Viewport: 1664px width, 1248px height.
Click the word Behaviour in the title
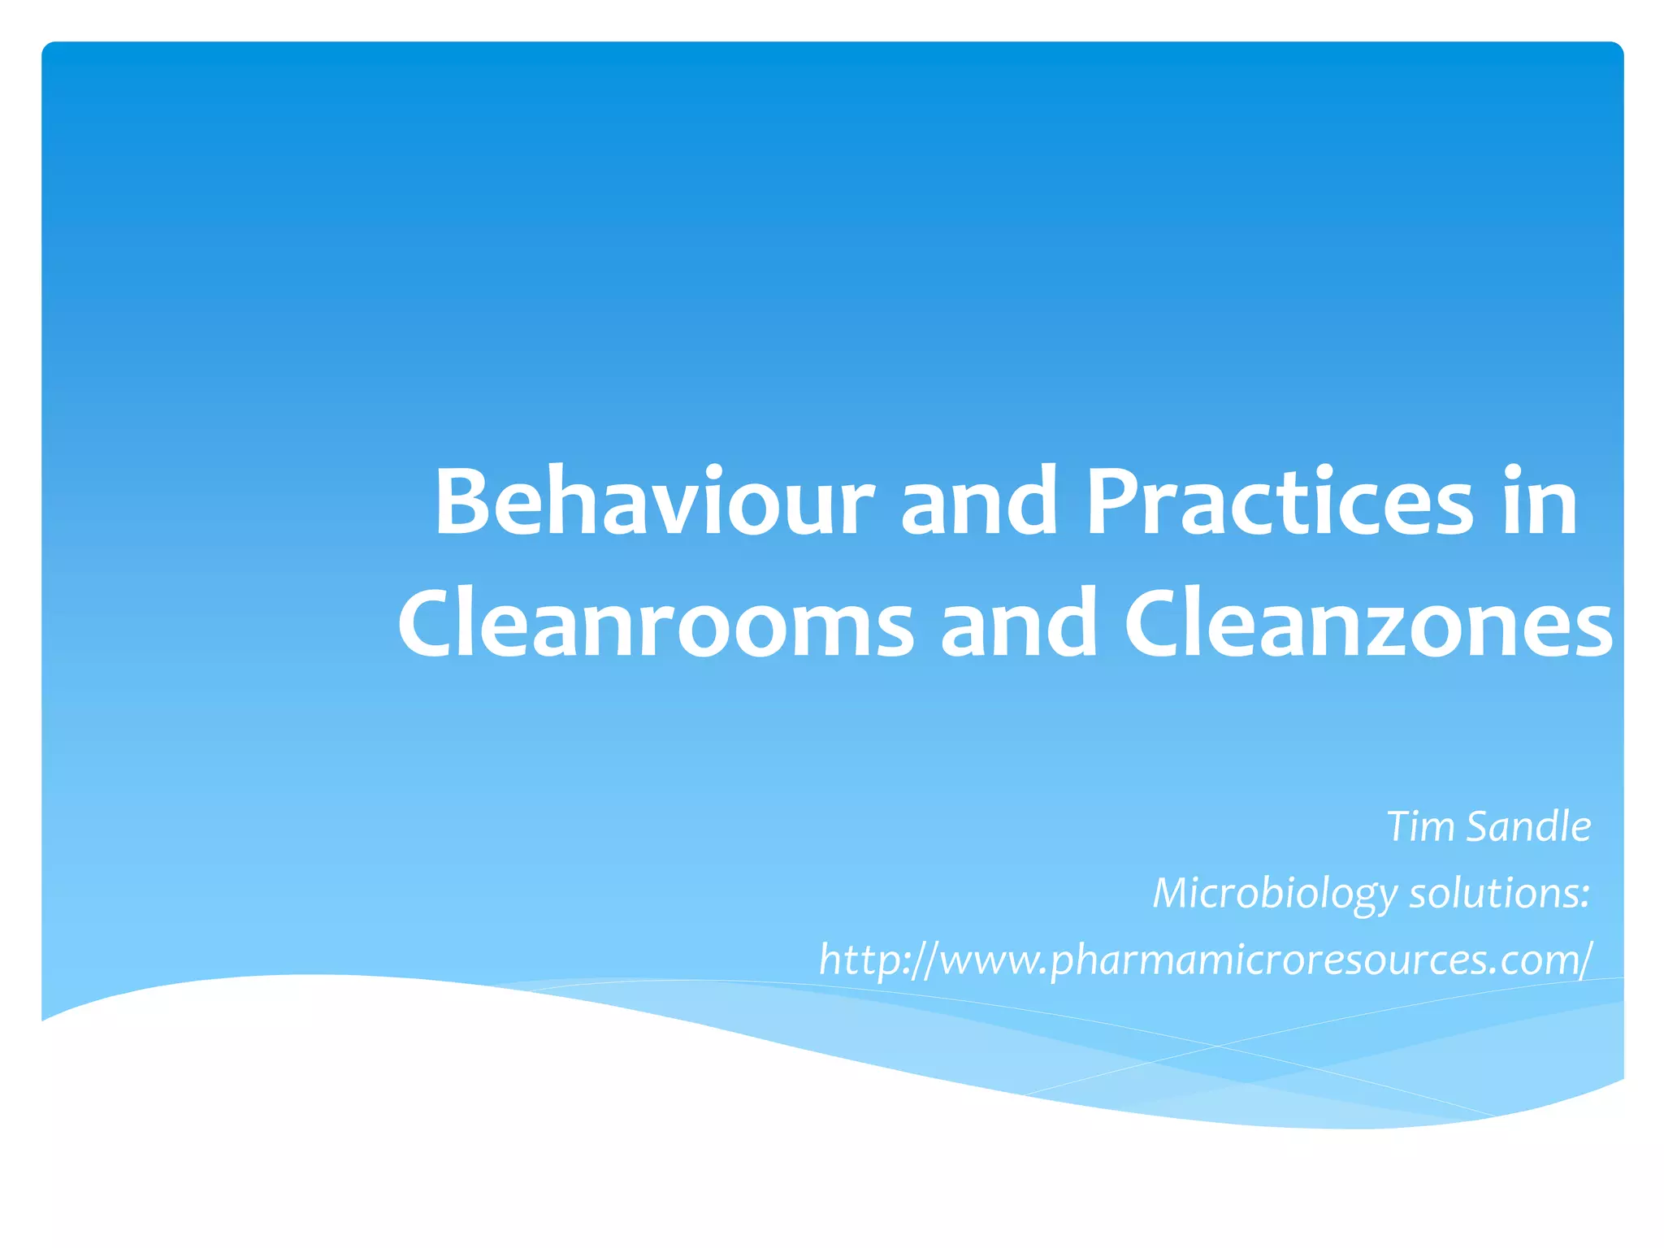point(654,502)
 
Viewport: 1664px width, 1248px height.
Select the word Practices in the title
point(1279,502)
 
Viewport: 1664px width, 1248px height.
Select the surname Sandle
point(1529,827)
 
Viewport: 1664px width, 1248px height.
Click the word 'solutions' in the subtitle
point(1493,894)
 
